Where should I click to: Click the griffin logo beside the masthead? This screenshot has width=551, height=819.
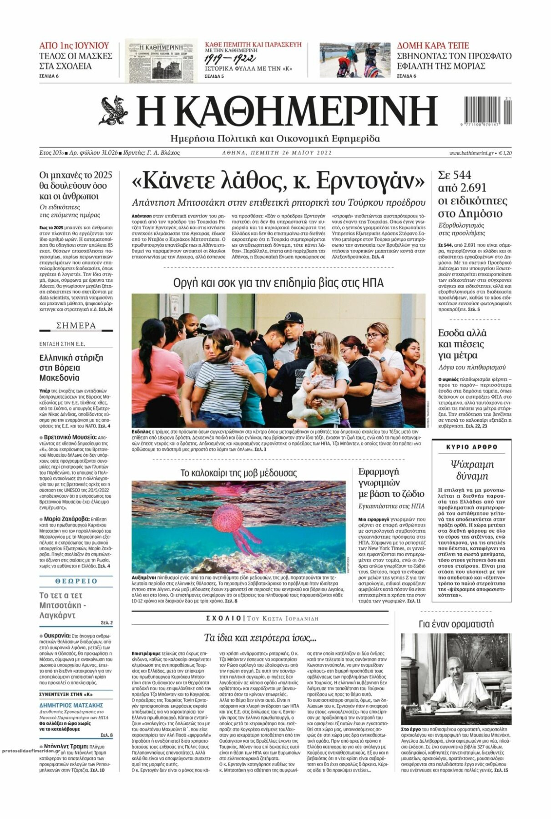[113, 111]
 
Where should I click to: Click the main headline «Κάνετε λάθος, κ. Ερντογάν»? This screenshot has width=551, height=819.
[278, 182]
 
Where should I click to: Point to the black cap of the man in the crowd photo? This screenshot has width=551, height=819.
[291, 318]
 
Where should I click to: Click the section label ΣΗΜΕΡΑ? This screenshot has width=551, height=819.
[76, 325]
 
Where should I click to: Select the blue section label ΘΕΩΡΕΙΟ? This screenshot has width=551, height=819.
[76, 581]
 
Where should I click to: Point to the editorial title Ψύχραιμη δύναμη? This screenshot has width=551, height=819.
[472, 470]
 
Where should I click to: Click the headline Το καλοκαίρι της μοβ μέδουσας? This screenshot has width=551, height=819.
[238, 473]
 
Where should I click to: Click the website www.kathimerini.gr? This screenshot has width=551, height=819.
[471, 153]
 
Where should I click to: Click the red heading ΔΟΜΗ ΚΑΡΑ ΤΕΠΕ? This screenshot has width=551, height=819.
[433, 45]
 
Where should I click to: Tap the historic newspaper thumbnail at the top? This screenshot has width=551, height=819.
[161, 61]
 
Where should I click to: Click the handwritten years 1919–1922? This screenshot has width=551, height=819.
[230, 59]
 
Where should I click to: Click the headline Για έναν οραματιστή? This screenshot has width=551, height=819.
[455, 624]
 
